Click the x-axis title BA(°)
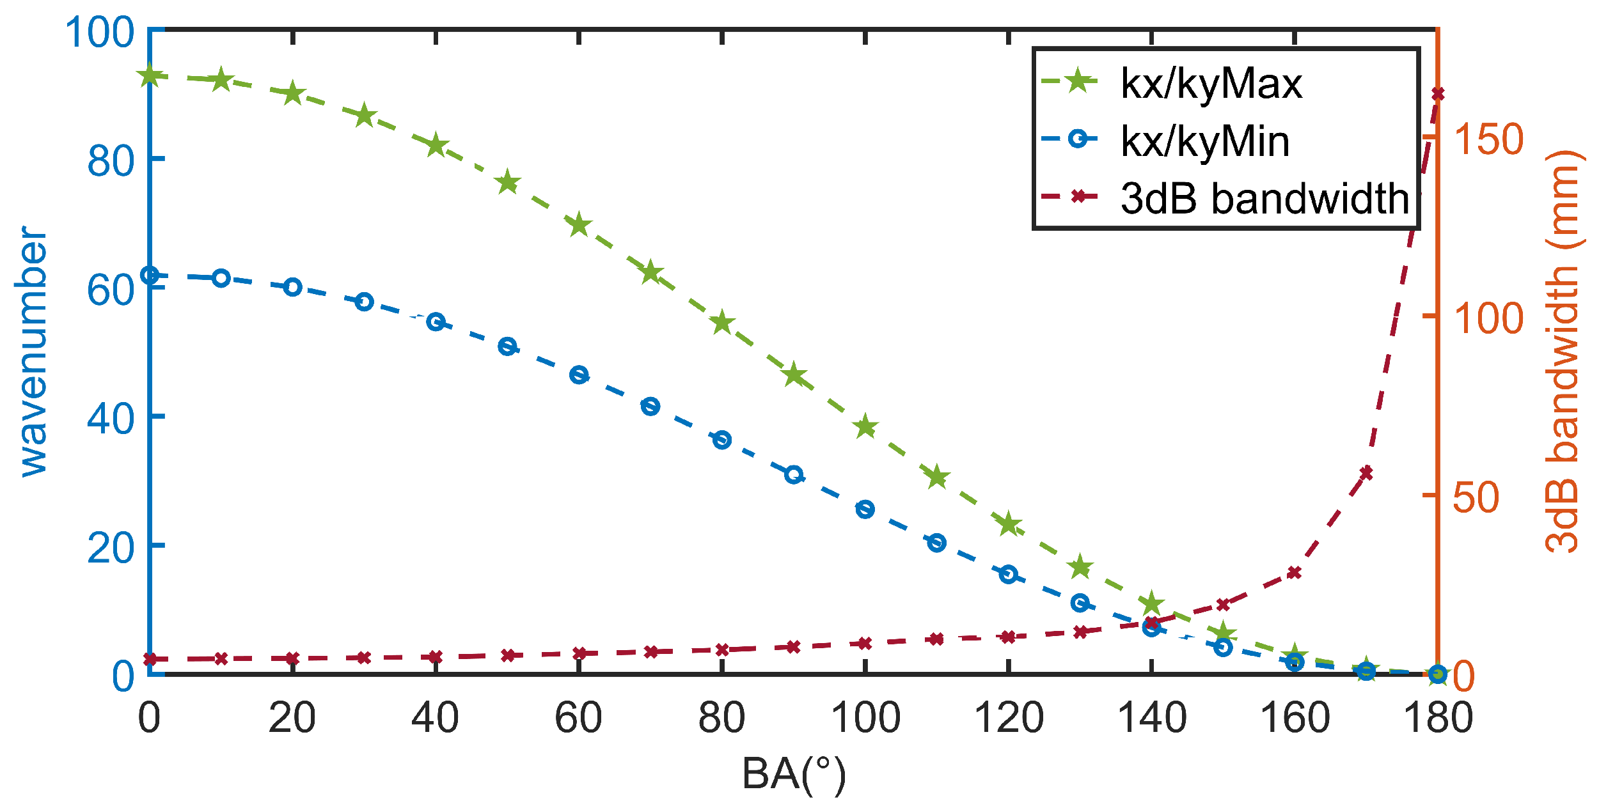point(794,773)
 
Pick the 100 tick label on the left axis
point(99,32)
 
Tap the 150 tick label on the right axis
point(1488,139)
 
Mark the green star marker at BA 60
point(579,224)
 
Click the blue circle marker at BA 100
point(865,509)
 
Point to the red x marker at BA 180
point(1438,94)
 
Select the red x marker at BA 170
point(1366,473)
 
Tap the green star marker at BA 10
point(221,80)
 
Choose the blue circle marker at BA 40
point(436,322)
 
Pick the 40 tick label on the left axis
point(110,419)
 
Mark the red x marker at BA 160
point(1295,572)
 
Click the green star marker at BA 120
point(1009,524)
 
